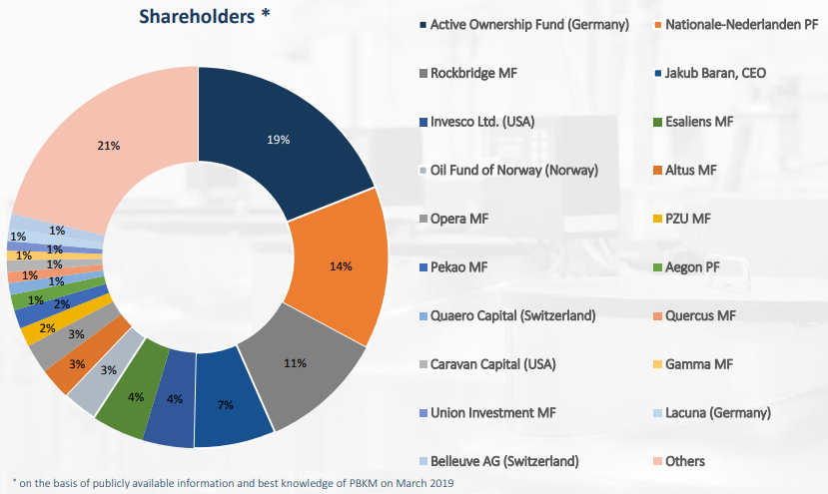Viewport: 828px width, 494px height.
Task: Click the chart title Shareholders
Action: (x=199, y=17)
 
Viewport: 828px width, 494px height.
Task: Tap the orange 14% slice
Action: (x=341, y=264)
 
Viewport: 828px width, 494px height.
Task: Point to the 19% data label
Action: (x=278, y=140)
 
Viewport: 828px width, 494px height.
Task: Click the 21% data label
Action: (x=108, y=146)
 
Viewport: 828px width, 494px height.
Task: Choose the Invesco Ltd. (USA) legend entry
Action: (x=482, y=121)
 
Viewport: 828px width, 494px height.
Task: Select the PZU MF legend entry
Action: (x=690, y=218)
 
